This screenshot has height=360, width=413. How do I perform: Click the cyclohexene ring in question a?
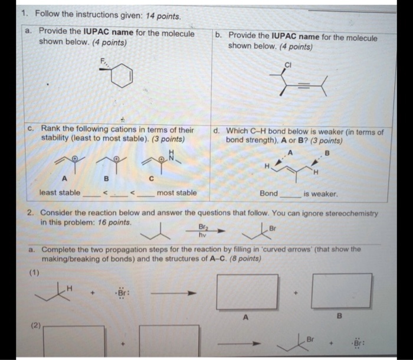(x=123, y=77)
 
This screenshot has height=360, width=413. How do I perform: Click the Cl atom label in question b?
(x=289, y=64)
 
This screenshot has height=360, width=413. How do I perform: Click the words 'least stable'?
(x=60, y=193)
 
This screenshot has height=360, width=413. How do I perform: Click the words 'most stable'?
(x=177, y=193)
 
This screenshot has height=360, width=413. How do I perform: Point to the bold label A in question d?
(x=290, y=152)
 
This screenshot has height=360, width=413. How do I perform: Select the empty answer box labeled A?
(x=246, y=292)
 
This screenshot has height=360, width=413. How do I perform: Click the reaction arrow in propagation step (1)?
(x=171, y=293)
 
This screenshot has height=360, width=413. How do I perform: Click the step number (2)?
(x=32, y=325)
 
